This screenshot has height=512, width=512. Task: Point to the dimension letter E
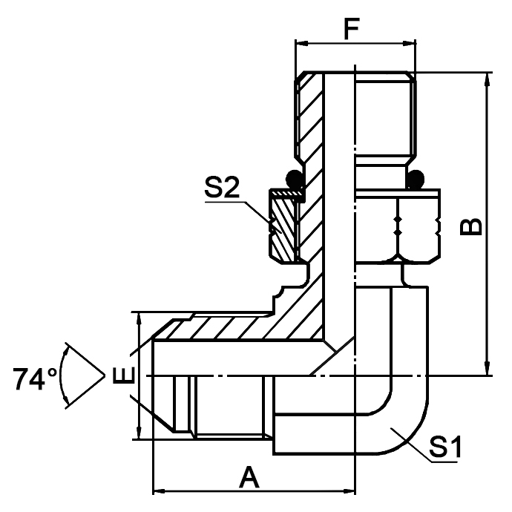click(x=124, y=376)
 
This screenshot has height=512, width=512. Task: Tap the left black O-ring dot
click(x=294, y=179)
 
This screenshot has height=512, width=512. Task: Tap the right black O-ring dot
click(x=417, y=179)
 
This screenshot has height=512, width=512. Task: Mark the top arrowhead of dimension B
click(x=488, y=79)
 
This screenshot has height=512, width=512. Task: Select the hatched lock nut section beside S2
click(x=282, y=226)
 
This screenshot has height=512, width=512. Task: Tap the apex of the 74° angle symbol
click(x=103, y=376)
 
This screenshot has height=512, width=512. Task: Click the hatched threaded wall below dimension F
click(x=309, y=119)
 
